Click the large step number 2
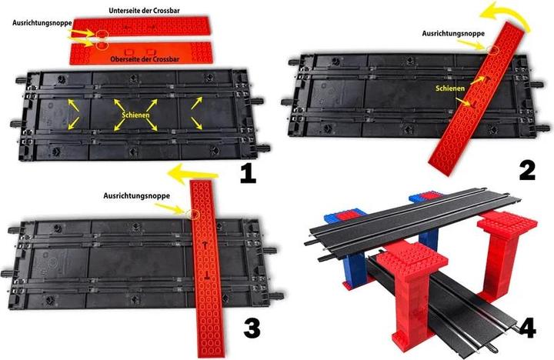[x=527, y=172]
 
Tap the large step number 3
[x=252, y=328]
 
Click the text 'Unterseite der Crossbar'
[x=144, y=11]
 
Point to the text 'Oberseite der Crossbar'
[x=145, y=59]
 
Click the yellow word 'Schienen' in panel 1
[x=136, y=115]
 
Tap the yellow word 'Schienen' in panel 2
[x=450, y=88]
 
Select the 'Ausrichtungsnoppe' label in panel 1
[x=42, y=22]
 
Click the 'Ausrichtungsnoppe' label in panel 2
[x=453, y=34]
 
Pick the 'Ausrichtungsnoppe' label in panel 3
[x=137, y=195]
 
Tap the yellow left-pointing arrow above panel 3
[x=192, y=174]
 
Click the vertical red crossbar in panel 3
[x=207, y=268]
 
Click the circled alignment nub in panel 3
[x=194, y=214]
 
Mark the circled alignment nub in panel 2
[x=493, y=50]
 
